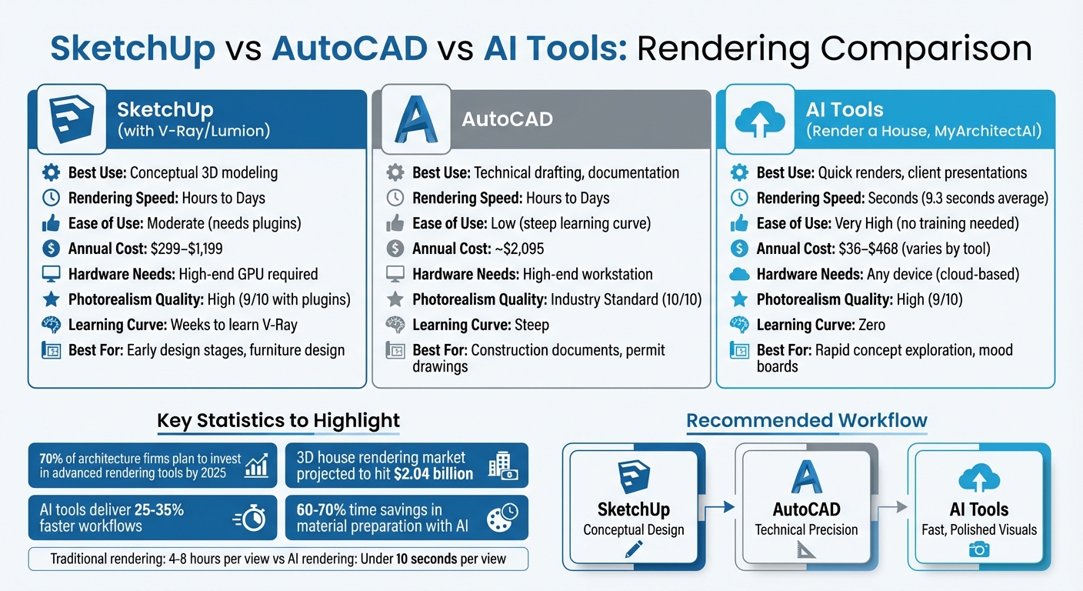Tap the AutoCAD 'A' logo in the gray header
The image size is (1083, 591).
click(x=415, y=120)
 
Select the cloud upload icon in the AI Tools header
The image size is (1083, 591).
click(x=759, y=120)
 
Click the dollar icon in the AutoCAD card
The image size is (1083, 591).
click(x=395, y=249)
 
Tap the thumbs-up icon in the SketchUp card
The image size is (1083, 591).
click(x=51, y=223)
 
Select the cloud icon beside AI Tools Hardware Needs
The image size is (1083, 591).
click(x=738, y=274)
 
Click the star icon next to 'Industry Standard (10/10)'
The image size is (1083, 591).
click(x=395, y=299)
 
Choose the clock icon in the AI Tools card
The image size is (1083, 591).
click(x=738, y=198)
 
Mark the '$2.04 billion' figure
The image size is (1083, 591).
click(x=433, y=473)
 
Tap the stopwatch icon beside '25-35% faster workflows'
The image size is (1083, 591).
click(x=251, y=518)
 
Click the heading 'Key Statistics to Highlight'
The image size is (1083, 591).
click(x=278, y=421)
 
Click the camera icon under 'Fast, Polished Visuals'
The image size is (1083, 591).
click(x=978, y=549)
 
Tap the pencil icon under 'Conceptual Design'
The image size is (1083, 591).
click(x=633, y=549)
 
